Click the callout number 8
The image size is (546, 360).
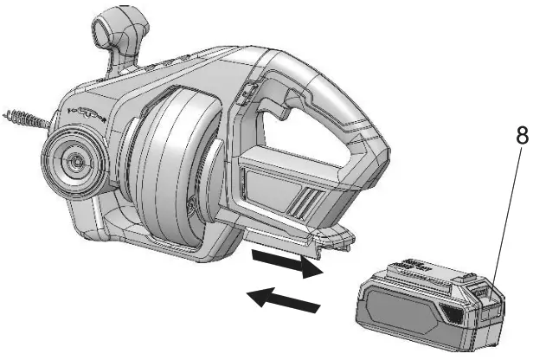click(522, 135)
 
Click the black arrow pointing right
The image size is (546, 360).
click(287, 264)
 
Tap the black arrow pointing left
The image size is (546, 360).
click(283, 299)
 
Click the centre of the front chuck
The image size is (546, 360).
click(74, 161)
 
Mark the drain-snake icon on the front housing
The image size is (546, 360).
click(87, 112)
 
